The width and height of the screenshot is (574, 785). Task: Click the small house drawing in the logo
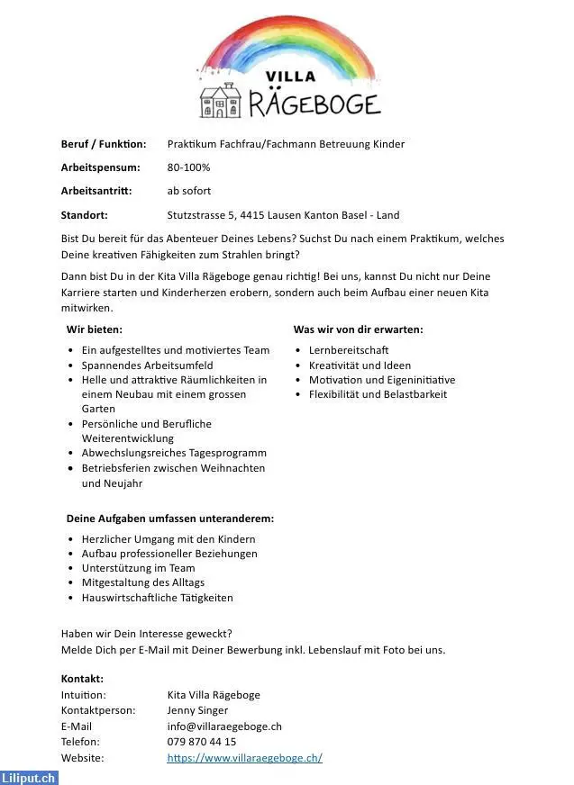(219, 102)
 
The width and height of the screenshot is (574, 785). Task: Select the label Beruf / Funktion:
(104, 144)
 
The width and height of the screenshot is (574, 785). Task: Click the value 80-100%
(188, 167)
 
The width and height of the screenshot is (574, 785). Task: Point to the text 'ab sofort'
(189, 191)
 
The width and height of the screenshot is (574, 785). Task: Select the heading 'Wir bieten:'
(95, 329)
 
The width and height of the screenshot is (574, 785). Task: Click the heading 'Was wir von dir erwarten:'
(358, 329)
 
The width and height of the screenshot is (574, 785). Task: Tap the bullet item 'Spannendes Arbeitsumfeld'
(147, 365)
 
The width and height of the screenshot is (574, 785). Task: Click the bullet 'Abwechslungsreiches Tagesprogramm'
(174, 453)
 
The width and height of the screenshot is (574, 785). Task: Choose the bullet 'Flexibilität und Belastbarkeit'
(378, 394)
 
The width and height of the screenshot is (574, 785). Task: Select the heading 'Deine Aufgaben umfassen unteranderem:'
(170, 519)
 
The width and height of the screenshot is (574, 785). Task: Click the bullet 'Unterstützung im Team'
(138, 568)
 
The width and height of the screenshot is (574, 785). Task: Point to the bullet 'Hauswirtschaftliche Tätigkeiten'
(157, 598)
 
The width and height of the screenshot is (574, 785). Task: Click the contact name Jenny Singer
(197, 710)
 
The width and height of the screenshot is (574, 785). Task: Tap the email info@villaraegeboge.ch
(224, 726)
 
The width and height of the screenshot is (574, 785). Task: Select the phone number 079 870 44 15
(202, 742)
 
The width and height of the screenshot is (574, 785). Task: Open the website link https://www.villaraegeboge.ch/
(244, 758)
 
